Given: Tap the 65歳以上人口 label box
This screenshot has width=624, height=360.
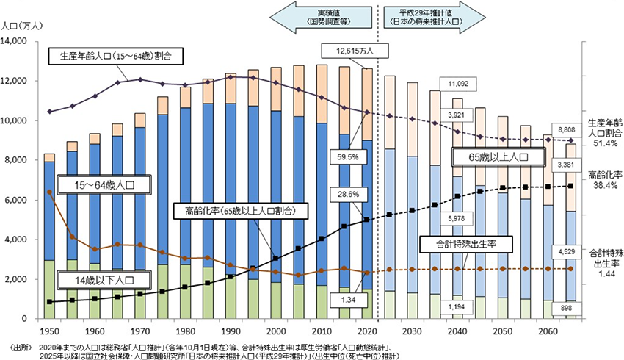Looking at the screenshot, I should tap(498, 156).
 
